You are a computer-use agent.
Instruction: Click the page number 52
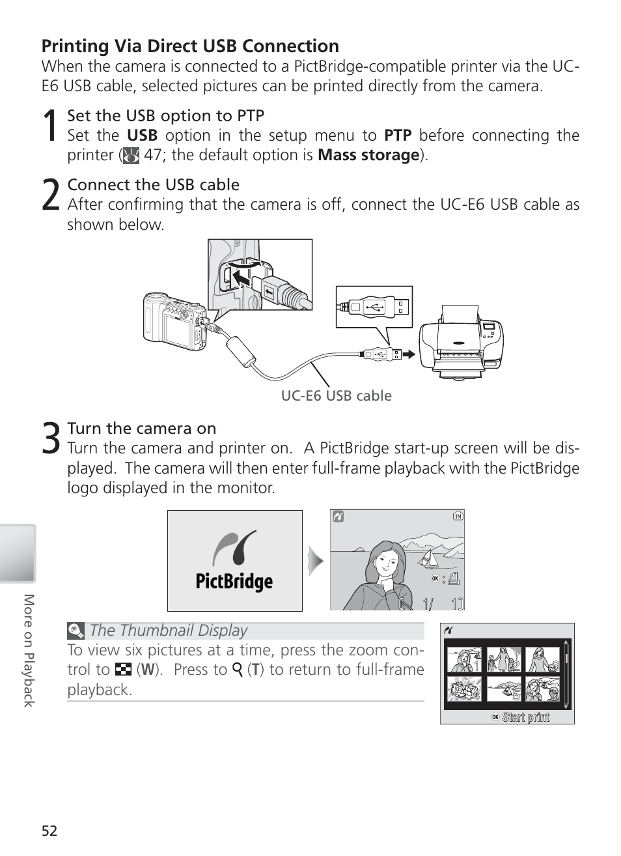pyautogui.click(x=49, y=831)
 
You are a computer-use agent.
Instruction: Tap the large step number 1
pyautogui.click(x=49, y=125)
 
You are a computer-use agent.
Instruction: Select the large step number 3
pyautogui.click(x=51, y=438)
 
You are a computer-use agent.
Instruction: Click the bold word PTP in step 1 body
pyautogui.click(x=398, y=136)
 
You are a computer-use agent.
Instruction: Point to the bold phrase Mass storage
pyautogui.click(x=368, y=155)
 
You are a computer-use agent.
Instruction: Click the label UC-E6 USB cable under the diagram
pyautogui.click(x=337, y=396)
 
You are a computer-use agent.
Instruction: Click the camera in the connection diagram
pyautogui.click(x=175, y=322)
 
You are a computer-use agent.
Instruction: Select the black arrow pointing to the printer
pyautogui.click(x=409, y=354)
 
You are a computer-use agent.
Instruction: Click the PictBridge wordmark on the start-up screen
pyautogui.click(x=234, y=581)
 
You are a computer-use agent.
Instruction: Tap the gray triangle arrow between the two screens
pyautogui.click(x=316, y=561)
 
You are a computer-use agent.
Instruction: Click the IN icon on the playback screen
pyautogui.click(x=458, y=516)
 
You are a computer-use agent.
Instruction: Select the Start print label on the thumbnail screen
pyautogui.click(x=525, y=717)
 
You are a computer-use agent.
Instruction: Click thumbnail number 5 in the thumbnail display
pyautogui.click(x=504, y=689)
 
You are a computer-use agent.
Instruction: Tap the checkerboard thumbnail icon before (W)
pyautogui.click(x=123, y=669)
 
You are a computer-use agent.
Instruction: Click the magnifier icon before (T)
pyautogui.click(x=238, y=670)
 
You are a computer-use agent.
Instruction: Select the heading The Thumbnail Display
pyautogui.click(x=169, y=631)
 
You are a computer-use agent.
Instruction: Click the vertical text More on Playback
pyautogui.click(x=29, y=650)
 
